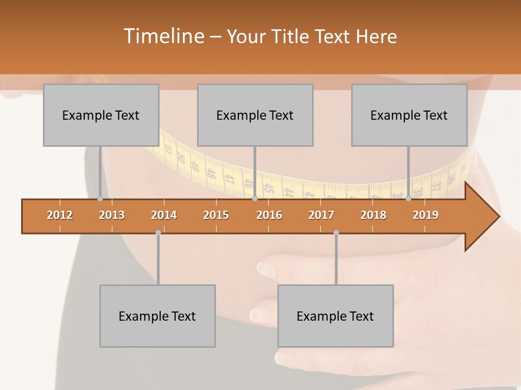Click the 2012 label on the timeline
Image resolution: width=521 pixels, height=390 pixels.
[x=60, y=215]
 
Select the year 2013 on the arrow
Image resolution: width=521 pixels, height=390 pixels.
[x=112, y=215]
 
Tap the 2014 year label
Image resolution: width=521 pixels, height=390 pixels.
[x=164, y=215]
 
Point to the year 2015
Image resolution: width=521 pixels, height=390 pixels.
[x=216, y=215]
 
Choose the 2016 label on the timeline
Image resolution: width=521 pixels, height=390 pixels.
[x=269, y=215]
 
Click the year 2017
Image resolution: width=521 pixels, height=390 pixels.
[x=321, y=215]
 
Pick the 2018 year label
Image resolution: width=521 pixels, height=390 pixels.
[x=373, y=215]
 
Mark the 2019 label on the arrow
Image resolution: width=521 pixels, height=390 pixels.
[x=425, y=215]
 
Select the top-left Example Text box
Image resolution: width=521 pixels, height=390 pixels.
[x=101, y=115]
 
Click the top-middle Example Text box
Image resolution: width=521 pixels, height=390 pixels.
[x=255, y=115]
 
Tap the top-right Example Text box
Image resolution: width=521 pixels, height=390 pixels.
[x=409, y=115]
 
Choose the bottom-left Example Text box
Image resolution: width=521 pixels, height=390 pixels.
[x=157, y=316]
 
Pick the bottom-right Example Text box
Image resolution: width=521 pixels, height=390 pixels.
[x=335, y=316]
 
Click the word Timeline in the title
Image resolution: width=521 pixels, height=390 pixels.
[x=162, y=36]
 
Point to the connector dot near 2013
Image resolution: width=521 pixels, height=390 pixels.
[x=100, y=198]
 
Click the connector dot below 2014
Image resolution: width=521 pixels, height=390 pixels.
[x=158, y=233]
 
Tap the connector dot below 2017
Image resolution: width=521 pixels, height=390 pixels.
[x=336, y=233]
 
